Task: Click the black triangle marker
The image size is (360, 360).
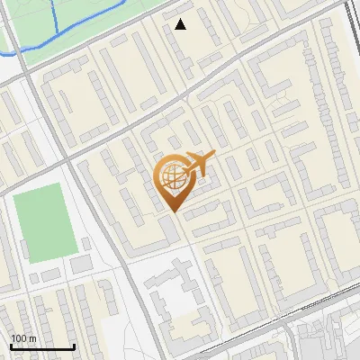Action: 181,24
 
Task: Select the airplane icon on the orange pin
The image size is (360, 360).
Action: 198,165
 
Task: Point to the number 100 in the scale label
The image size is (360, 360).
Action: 19,338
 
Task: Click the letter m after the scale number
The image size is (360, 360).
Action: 32,338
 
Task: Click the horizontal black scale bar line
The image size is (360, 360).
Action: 41,346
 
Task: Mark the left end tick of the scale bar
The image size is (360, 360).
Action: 10,345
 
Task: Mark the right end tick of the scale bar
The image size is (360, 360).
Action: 74,345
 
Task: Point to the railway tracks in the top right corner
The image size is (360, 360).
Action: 350,27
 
